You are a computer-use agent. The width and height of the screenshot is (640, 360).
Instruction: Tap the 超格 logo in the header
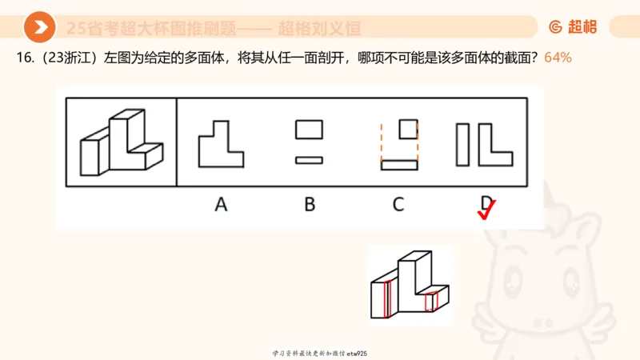tap(573, 27)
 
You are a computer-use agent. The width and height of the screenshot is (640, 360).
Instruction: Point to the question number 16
tap(23, 58)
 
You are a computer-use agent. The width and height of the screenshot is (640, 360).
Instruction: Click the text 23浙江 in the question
tap(66, 58)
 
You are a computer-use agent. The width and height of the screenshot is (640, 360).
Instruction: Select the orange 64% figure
tap(558, 58)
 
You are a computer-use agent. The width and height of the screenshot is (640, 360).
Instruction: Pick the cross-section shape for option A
tap(220, 145)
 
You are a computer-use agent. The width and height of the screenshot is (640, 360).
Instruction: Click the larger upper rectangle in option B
tap(309, 129)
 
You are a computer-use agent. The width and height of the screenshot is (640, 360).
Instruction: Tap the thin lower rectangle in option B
tap(309, 160)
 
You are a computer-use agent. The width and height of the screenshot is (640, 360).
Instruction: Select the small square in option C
tap(408, 128)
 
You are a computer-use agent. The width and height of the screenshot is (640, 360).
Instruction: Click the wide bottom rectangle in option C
tap(399, 166)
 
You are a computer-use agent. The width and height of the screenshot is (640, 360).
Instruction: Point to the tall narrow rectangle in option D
tap(463, 145)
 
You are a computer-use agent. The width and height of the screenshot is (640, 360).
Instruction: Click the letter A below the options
tap(221, 204)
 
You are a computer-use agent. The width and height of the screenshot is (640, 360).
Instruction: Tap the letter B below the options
tap(309, 204)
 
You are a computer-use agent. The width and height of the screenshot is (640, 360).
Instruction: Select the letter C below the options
tap(398, 204)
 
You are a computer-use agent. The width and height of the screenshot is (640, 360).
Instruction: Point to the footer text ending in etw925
tap(319, 353)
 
